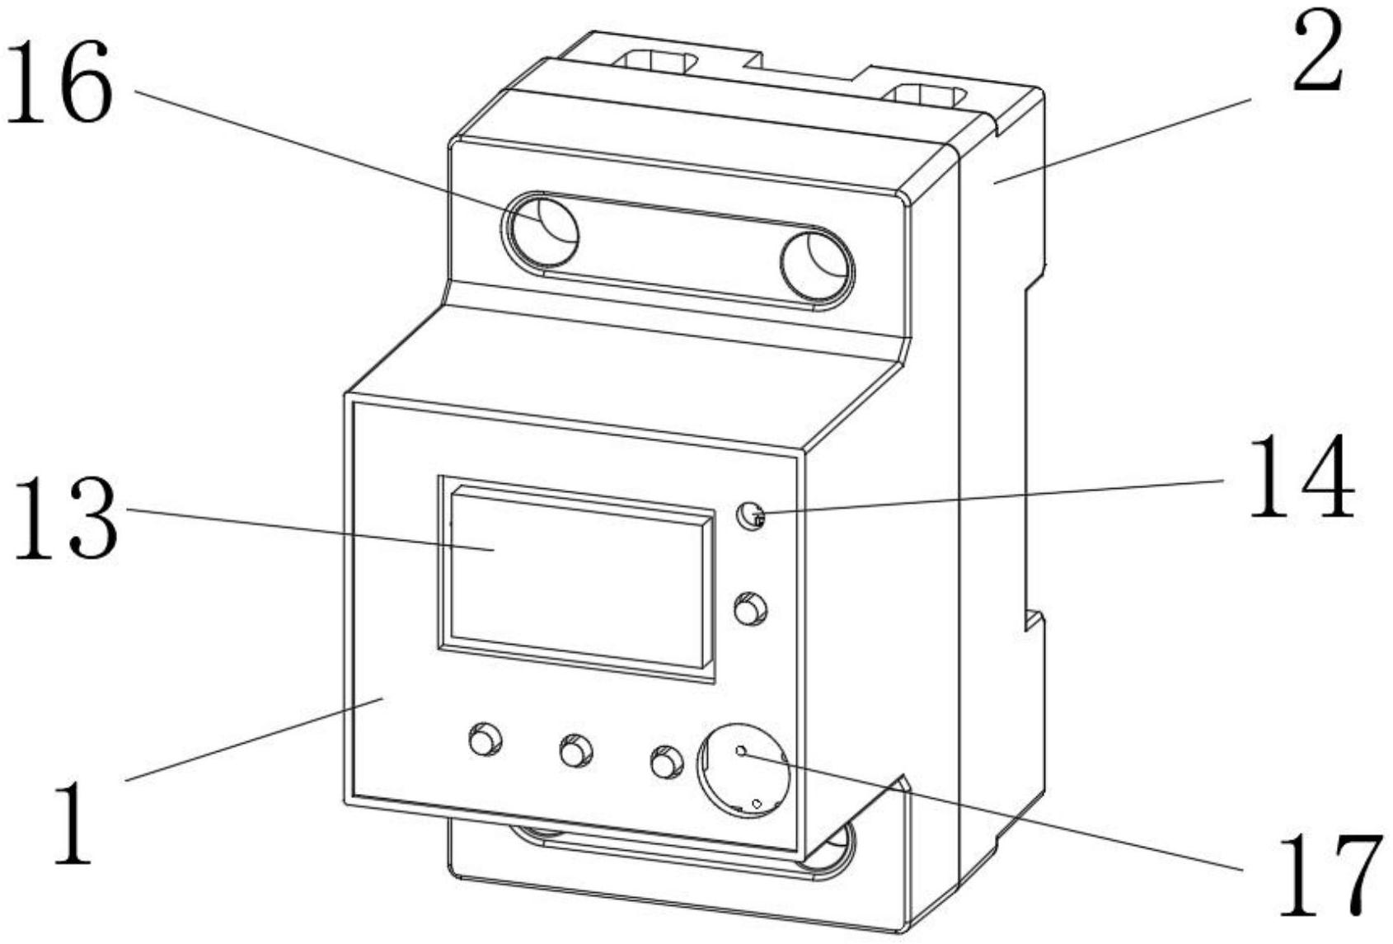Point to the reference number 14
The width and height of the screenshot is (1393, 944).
click(x=1302, y=478)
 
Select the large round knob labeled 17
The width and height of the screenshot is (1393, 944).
click(x=743, y=771)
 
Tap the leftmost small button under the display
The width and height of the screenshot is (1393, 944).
click(x=484, y=739)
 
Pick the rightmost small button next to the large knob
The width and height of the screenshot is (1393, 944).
click(x=666, y=763)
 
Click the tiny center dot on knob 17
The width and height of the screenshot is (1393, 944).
click(x=741, y=751)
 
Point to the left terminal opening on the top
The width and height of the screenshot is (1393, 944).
click(x=656, y=61)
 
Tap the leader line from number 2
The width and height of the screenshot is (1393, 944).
click(x=1121, y=141)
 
